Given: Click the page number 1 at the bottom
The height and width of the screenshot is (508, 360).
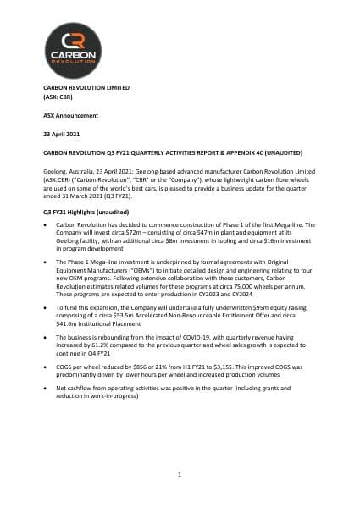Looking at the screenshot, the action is tap(180, 476).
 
